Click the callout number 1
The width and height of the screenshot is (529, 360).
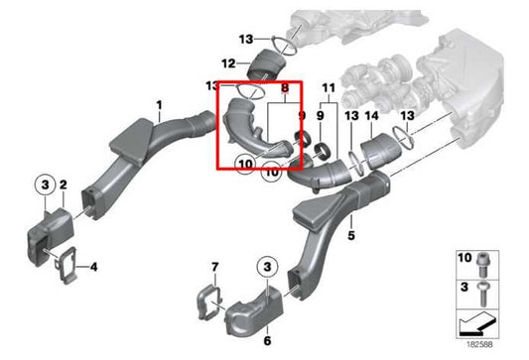157,104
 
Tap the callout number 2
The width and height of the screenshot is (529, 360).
63,184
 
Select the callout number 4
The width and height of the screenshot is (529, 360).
93,267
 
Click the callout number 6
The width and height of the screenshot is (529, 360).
267,340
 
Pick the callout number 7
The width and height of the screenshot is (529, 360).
213,268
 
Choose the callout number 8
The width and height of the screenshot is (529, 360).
287,89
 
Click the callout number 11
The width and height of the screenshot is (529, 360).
330,89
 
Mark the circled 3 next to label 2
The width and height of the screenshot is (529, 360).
44,184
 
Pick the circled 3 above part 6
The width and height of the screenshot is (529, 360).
266,266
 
